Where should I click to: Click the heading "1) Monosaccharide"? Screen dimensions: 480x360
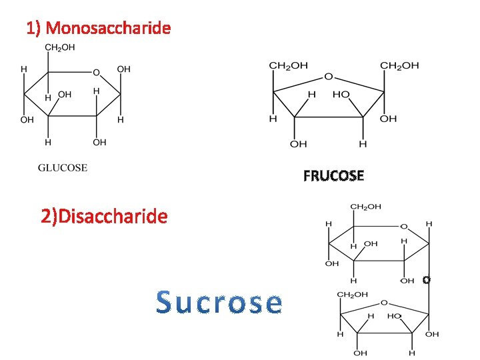[x=98, y=28]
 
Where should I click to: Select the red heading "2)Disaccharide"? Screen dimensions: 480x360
[x=104, y=216]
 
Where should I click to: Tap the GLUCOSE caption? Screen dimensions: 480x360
[x=62, y=167]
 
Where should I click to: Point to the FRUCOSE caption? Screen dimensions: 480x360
[x=333, y=176]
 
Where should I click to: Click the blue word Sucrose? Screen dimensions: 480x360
[x=219, y=303]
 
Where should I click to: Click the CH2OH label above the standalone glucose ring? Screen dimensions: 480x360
[x=59, y=47]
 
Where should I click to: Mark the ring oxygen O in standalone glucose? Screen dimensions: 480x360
[x=96, y=72]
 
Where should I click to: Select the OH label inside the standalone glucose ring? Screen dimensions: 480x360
[x=65, y=95]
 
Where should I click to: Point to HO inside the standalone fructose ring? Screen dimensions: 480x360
[x=341, y=95]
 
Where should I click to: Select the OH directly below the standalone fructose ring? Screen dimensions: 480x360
[x=298, y=143]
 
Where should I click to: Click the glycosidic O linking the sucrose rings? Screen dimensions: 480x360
[x=426, y=281]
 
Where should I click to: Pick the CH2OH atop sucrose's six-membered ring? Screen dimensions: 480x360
[x=366, y=207]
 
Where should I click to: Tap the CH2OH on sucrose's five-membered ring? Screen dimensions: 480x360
[x=351, y=294]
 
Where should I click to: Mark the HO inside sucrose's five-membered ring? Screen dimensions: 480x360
[x=394, y=315]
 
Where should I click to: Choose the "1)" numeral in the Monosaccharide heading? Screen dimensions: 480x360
[x=34, y=28]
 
